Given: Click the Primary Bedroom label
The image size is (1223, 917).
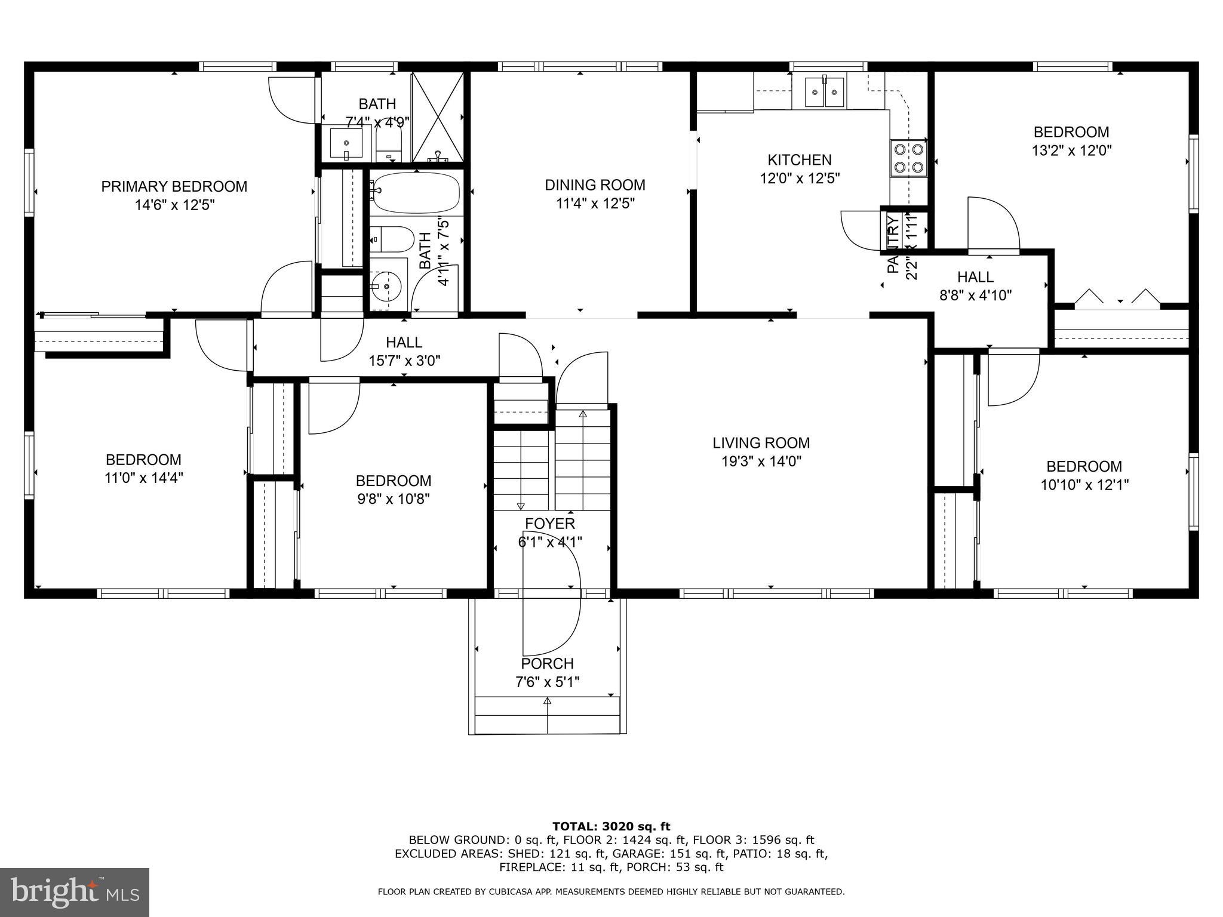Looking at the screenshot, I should point(174,186).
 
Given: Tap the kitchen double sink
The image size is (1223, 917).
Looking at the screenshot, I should point(825,91).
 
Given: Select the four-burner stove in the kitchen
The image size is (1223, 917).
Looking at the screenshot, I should point(908,158).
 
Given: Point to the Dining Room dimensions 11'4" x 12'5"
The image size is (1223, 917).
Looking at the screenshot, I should point(595,204).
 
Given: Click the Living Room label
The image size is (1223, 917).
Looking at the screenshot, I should point(761,443).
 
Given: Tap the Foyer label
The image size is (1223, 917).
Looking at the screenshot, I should point(550,524).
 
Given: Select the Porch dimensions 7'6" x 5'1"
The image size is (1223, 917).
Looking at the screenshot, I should point(548,682).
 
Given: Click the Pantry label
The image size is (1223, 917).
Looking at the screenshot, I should point(893,245).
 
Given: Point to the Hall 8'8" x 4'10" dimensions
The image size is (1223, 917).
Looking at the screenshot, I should point(975,295).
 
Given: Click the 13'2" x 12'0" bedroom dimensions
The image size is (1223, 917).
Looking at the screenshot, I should point(1071,150).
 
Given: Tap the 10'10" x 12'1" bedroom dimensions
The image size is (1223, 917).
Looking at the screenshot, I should point(1084,485).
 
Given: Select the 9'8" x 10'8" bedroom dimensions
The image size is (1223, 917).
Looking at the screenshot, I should point(394,498).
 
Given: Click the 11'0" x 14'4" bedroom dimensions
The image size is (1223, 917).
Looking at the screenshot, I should point(143,478).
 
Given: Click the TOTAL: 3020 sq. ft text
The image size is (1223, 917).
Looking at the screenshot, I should point(611,827).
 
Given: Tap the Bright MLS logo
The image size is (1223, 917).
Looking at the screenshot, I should point(75,892).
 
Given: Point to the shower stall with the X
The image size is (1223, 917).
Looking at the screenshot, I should point(438,116).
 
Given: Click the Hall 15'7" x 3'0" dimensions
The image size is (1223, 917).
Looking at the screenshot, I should point(404,361).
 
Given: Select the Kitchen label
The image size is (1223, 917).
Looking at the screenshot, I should point(799,160).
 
